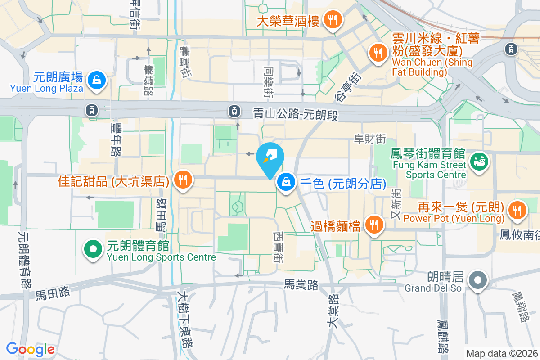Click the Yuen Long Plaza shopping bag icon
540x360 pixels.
pos(97,81)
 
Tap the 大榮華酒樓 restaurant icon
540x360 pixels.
pos(333,19)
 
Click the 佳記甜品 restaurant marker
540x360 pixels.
pos(183,181)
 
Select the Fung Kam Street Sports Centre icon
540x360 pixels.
pos(479,160)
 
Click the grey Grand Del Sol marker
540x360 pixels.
pos(478,280)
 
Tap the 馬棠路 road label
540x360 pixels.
pos(301,284)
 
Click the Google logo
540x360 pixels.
pos(30,349)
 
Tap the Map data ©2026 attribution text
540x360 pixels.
pos(502,353)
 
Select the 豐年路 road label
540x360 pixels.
pos(116,140)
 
